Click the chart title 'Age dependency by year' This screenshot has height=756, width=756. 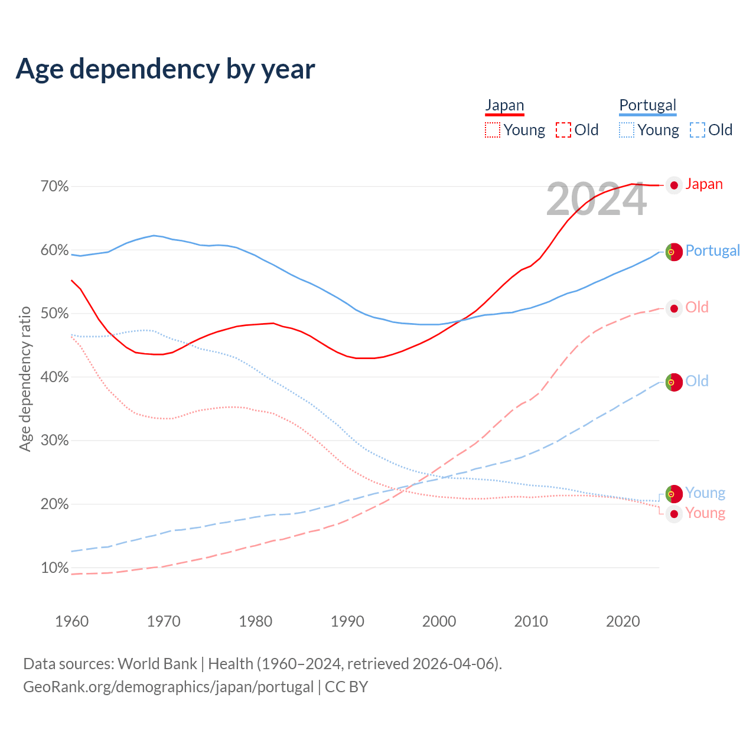(165, 69)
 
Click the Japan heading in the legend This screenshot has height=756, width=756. (504, 105)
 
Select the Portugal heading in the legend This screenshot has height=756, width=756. (647, 105)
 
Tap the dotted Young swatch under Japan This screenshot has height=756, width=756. (493, 130)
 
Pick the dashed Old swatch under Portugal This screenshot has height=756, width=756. (697, 130)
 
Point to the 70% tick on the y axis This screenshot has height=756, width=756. (54, 187)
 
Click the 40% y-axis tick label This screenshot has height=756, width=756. (54, 377)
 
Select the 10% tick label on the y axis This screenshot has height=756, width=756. (54, 568)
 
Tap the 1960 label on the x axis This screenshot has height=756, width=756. (71, 621)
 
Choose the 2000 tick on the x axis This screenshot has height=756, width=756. (439, 621)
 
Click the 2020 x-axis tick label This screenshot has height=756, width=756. (623, 621)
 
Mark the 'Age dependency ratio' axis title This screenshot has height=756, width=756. (25, 379)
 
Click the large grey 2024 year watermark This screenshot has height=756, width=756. (597, 200)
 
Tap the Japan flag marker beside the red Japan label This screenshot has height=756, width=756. (674, 185)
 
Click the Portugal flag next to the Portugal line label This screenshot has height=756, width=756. (674, 252)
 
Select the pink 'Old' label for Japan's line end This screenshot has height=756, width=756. (697, 307)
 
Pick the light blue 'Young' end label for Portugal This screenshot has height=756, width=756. (705, 493)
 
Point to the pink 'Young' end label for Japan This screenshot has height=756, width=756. (705, 513)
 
